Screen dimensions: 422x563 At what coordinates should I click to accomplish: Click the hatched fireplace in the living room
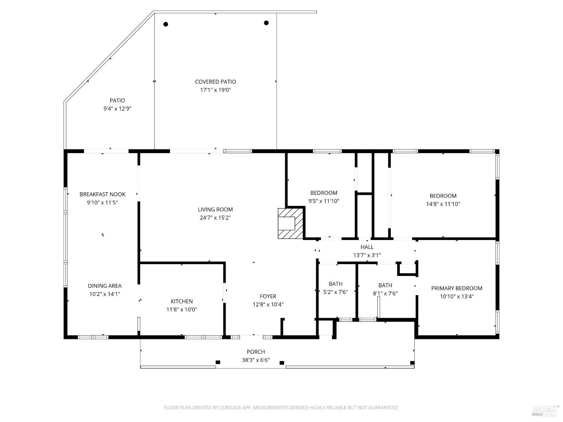point(290,223)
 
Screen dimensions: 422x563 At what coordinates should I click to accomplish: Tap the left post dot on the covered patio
point(166,24)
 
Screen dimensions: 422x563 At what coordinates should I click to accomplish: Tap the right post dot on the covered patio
point(266,23)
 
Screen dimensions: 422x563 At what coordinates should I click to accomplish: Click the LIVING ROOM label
point(215,209)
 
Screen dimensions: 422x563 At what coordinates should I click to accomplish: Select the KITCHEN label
point(182,301)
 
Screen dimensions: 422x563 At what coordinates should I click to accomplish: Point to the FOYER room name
point(268,296)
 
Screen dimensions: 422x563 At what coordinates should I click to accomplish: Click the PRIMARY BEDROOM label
point(456,288)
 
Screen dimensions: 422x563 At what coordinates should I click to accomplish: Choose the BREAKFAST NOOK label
point(102,194)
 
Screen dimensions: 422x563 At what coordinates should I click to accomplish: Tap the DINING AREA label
point(105,286)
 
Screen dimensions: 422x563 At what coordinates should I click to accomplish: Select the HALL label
point(367,247)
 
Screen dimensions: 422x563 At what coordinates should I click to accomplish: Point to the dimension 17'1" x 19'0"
point(215,90)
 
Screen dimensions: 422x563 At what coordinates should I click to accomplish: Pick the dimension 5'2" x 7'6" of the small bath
point(336,292)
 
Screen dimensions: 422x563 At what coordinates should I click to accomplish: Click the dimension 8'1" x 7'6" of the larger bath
point(385,294)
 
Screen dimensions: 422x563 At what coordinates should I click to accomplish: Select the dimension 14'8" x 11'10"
point(443,204)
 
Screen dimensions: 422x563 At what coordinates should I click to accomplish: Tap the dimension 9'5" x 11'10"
point(324,201)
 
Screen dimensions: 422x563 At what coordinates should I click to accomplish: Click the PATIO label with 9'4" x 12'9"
point(117,101)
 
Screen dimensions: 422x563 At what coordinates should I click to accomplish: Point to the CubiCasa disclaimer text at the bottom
point(281,408)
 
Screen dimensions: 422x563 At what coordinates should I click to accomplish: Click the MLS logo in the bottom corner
point(545,410)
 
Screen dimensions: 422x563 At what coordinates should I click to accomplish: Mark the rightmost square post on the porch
point(412,363)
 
